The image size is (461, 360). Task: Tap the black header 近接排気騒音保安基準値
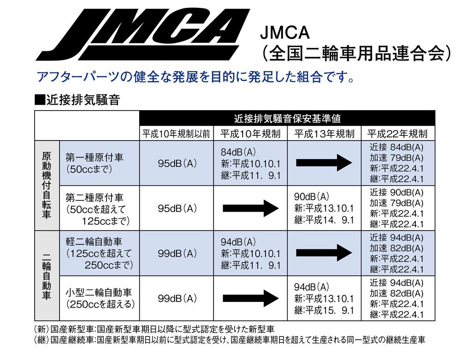point(287,118)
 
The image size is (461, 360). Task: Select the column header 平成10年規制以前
point(176,134)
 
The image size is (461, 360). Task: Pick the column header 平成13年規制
point(324,134)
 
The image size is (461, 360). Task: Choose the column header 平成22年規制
point(397,134)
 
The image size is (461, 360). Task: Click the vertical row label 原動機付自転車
point(47,185)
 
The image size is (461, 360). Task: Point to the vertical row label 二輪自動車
point(47,276)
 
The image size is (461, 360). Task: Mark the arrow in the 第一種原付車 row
point(324,163)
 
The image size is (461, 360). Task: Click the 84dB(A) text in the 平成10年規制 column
point(238,152)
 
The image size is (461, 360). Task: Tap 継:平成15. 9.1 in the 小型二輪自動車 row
point(324,310)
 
